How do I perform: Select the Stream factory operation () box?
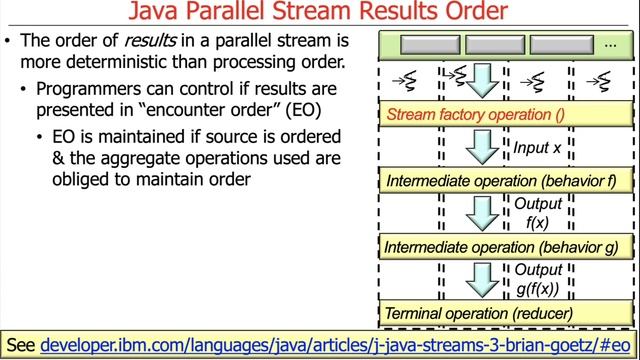point(505,116)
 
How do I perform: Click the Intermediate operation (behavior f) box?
point(505,182)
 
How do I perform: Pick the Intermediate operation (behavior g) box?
point(505,246)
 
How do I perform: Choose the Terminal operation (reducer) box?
point(505,312)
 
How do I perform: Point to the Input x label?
point(537,148)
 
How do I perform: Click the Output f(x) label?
point(538,213)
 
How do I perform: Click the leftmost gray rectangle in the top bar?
point(429,45)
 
